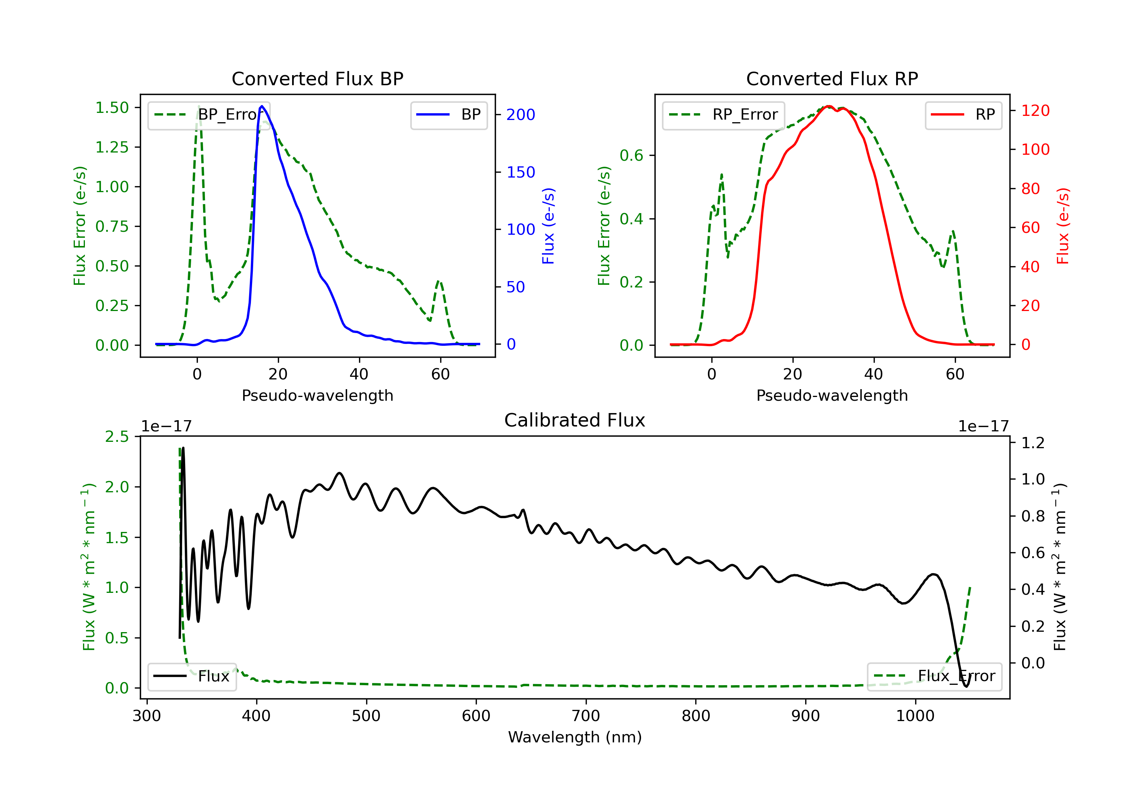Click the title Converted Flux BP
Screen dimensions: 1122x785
click(317, 78)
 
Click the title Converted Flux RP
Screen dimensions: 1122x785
click(832, 78)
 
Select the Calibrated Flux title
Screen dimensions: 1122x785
click(575, 420)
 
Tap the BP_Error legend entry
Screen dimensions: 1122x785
click(209, 115)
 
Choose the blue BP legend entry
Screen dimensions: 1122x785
click(448, 115)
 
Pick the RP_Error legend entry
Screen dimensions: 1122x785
click(724, 115)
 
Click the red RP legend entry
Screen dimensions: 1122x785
click(963, 115)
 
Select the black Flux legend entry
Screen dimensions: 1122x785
click(192, 676)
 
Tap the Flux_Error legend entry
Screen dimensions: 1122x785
click(934, 676)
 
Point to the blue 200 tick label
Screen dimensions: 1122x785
click(521, 115)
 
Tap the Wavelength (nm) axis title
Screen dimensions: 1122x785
click(575, 737)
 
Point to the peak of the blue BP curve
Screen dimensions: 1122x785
click(262, 106)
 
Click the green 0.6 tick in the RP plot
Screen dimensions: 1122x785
click(631, 156)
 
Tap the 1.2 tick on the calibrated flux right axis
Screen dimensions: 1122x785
click(1033, 443)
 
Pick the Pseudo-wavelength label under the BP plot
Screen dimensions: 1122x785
click(318, 395)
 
